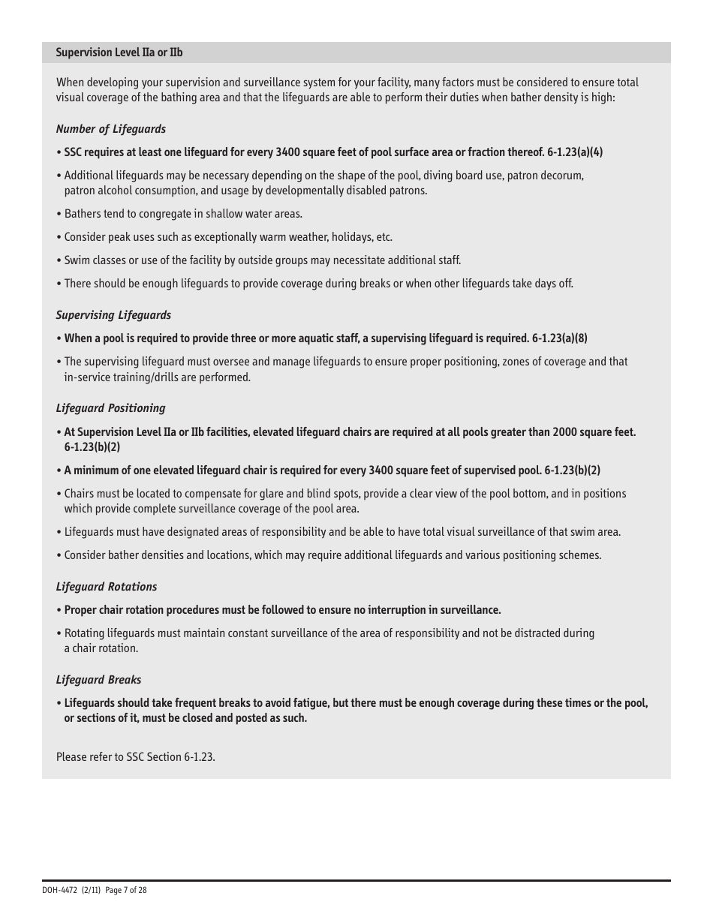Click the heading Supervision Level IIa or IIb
coord(119,53)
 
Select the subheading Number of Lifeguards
coord(110,129)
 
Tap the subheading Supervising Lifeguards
coord(113,315)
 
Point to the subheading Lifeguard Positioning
coord(110,408)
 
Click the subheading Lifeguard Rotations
coord(107,587)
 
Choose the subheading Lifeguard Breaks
coord(98,680)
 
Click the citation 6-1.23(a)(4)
coord(575,152)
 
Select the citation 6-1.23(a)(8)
coord(559,338)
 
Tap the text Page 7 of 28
coord(125,890)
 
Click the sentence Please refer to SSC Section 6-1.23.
coord(136,757)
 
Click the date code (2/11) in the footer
coord(91,890)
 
